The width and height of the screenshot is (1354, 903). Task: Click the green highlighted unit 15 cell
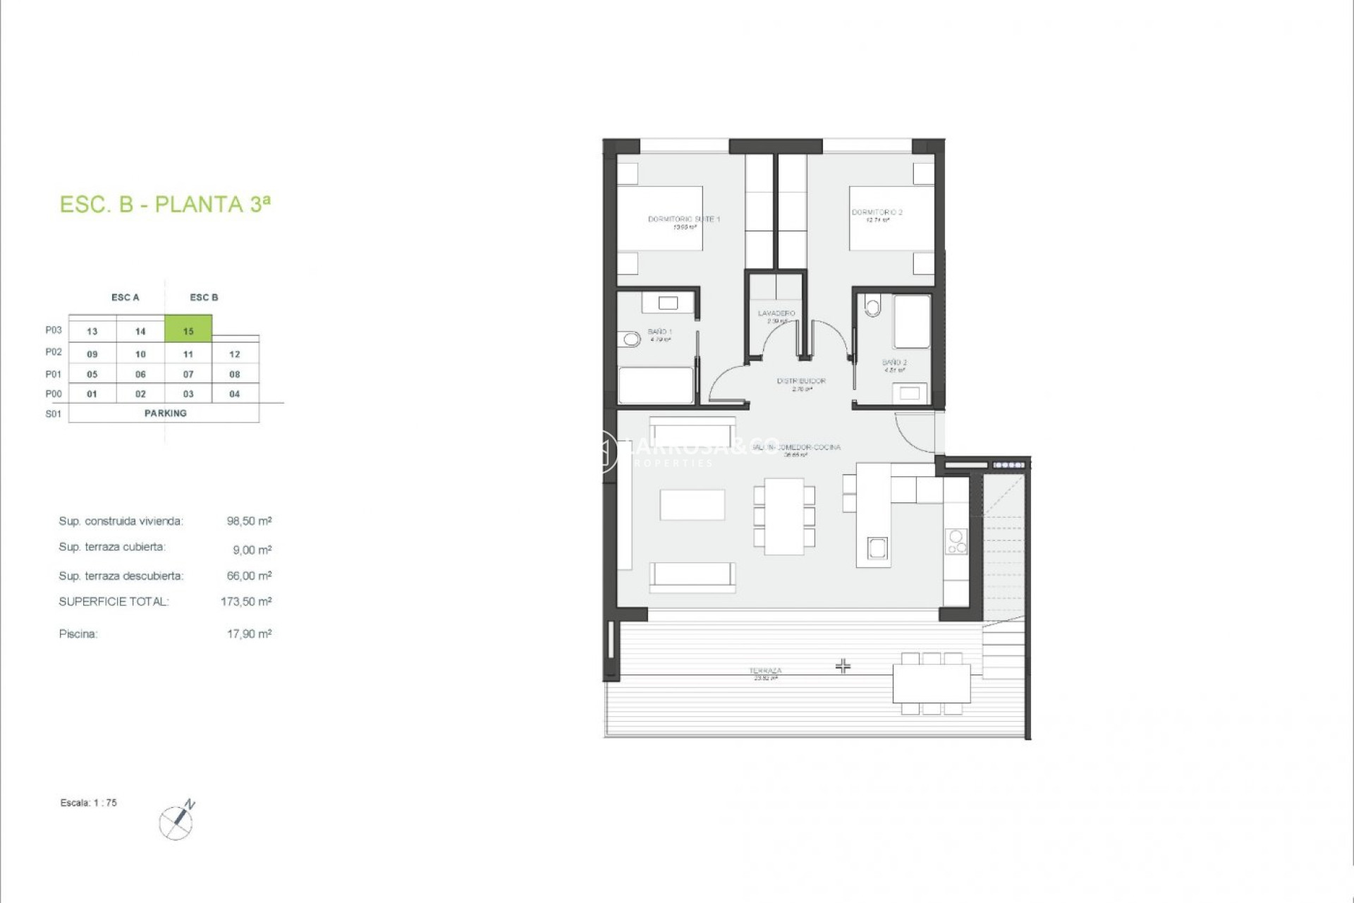[x=188, y=330]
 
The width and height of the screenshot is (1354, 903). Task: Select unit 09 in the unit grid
[x=92, y=354]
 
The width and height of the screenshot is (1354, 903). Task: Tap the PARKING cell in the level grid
[x=165, y=413]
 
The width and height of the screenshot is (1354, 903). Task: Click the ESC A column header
[x=126, y=298]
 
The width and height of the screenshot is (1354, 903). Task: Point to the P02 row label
[x=54, y=352]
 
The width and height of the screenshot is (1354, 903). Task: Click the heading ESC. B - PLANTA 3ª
[x=165, y=205]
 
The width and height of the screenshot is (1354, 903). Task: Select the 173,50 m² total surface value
[x=246, y=602]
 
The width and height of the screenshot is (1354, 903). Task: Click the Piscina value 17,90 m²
[x=249, y=634]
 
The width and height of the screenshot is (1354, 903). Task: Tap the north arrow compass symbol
[x=177, y=821]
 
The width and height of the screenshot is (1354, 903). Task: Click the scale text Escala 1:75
[x=89, y=803]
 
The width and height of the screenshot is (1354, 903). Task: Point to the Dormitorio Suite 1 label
[x=683, y=219]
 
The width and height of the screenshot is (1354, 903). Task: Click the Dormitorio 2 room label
[x=877, y=212]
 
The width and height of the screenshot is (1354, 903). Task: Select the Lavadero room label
[x=776, y=313]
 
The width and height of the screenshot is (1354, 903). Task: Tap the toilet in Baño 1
[x=630, y=340]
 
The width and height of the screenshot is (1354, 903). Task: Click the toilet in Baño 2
[x=873, y=307]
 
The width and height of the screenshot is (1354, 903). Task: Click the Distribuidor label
[x=801, y=381]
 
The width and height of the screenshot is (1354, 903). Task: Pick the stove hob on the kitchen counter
[x=956, y=541]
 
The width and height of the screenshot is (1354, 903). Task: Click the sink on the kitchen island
[x=877, y=547]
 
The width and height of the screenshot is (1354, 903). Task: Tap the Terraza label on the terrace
[x=765, y=671]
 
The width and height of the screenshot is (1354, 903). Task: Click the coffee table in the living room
[x=692, y=504]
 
